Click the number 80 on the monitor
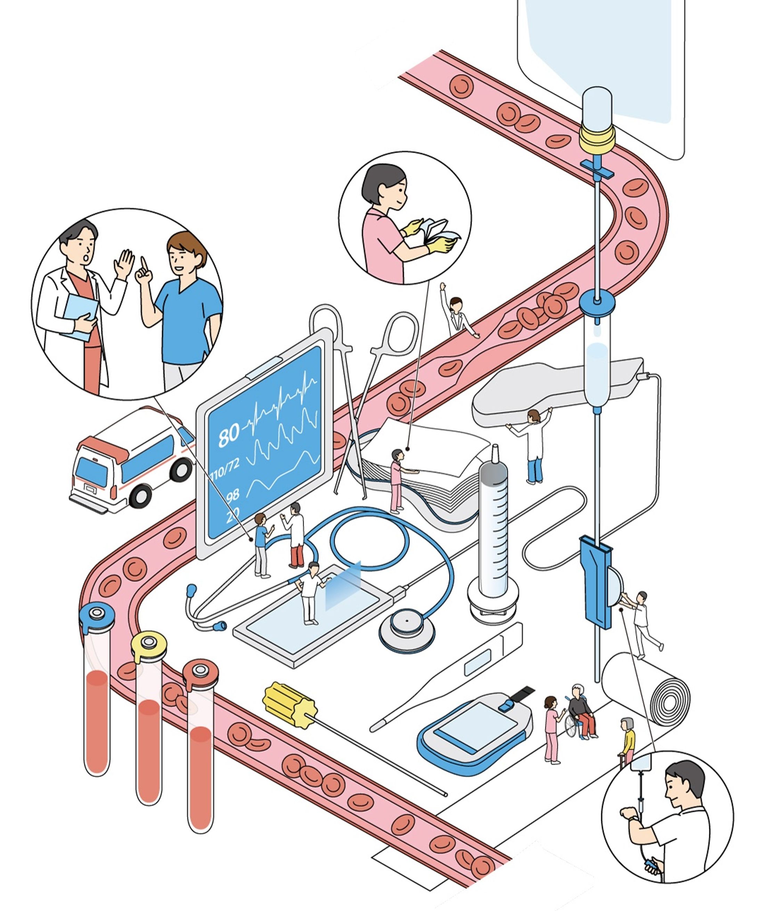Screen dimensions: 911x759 [228, 435]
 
